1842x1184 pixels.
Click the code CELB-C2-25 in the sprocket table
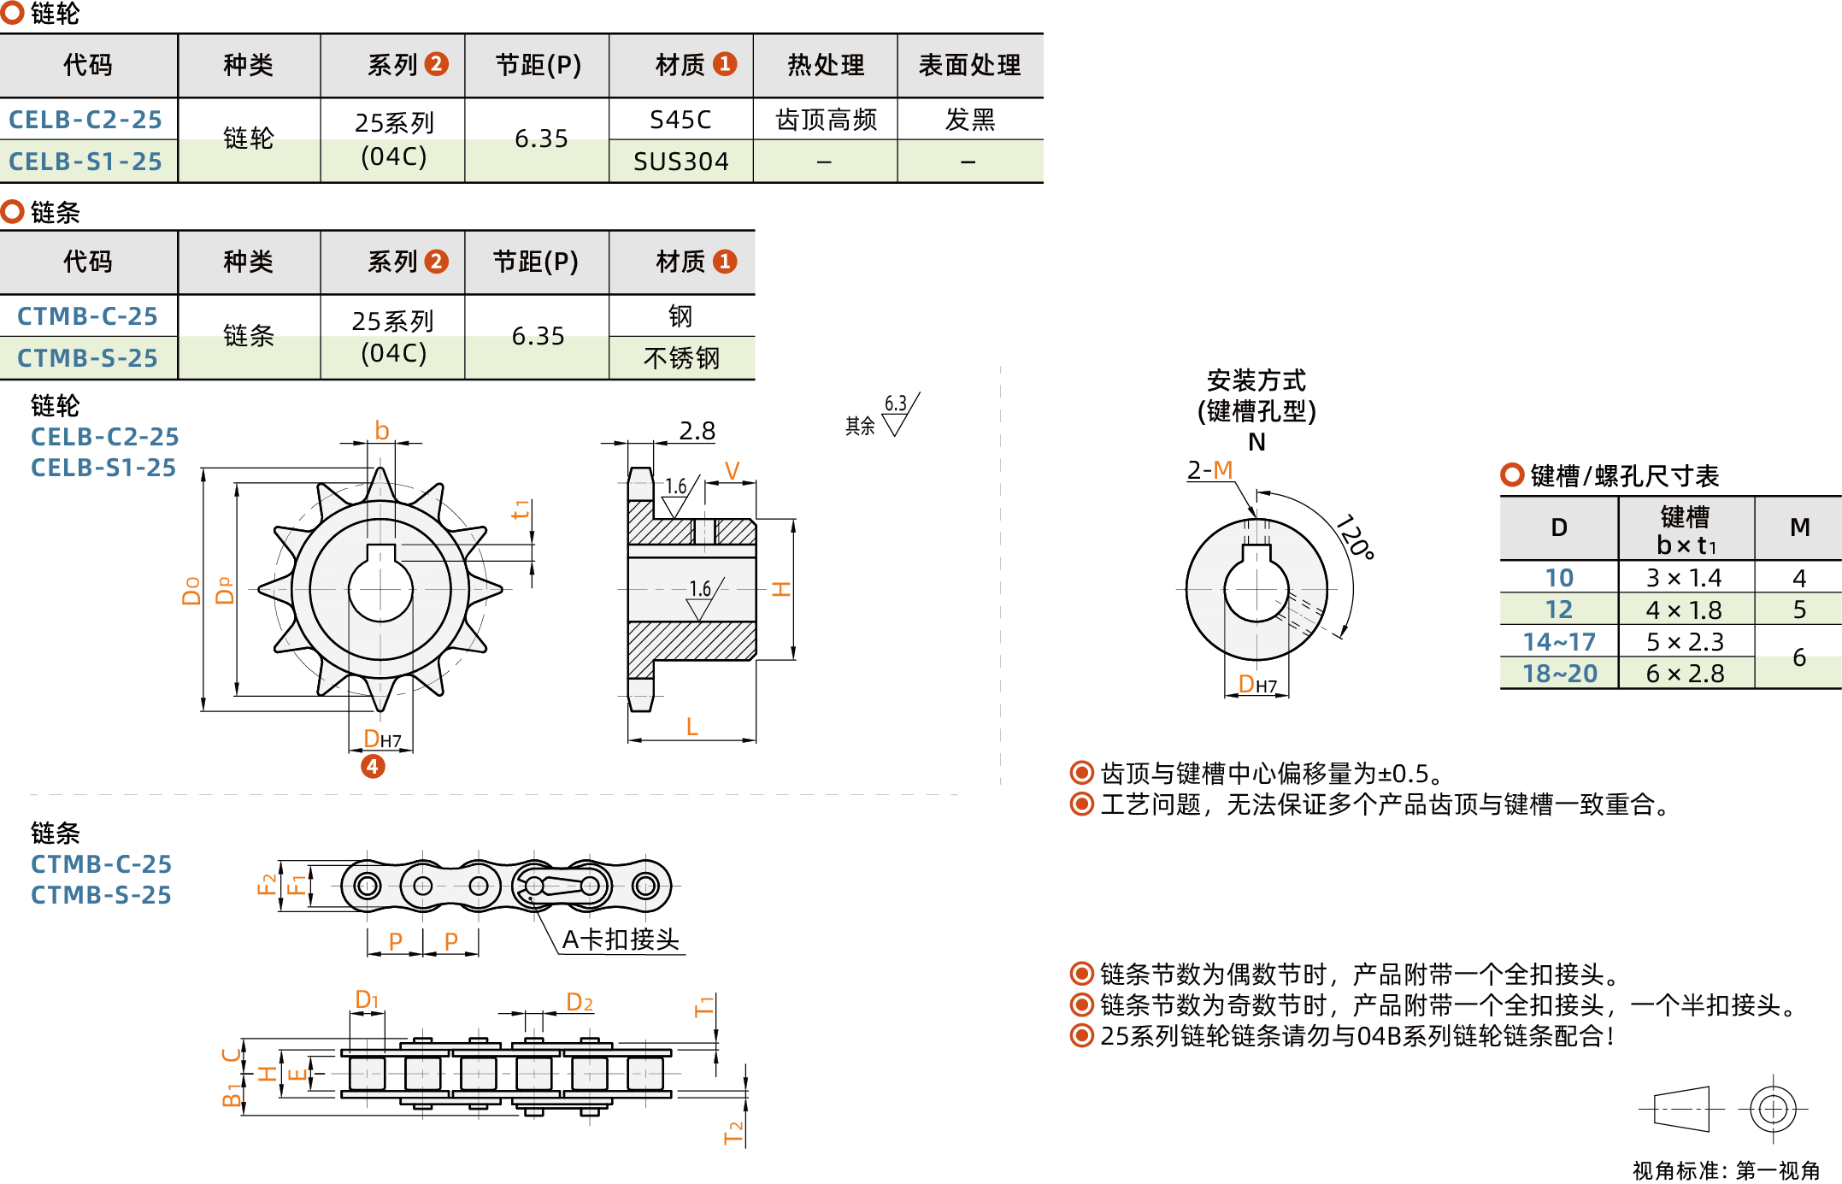tap(85, 120)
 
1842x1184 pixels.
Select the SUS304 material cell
tap(680, 162)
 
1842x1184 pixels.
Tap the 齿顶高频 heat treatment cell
tap(825, 120)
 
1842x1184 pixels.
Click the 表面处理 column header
tap(969, 65)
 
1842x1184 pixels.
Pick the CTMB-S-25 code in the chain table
tap(87, 358)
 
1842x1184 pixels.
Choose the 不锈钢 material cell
tap(681, 358)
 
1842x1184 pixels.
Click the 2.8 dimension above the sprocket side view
tap(697, 431)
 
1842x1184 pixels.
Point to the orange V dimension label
tap(732, 471)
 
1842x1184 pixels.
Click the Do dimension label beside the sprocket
tap(191, 590)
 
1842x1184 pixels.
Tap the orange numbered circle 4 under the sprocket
tap(373, 766)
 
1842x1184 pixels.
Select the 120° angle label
tap(1356, 537)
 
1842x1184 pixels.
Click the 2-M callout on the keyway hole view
tap(1209, 470)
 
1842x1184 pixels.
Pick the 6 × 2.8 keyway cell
tap(1685, 674)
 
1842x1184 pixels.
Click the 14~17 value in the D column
tap(1558, 642)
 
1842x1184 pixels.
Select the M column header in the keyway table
tap(1799, 527)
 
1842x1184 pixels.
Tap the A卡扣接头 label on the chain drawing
tap(621, 940)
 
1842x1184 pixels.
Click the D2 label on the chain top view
tap(580, 1002)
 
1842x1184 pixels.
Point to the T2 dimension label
tap(733, 1133)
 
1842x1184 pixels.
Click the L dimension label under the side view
tap(691, 727)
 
